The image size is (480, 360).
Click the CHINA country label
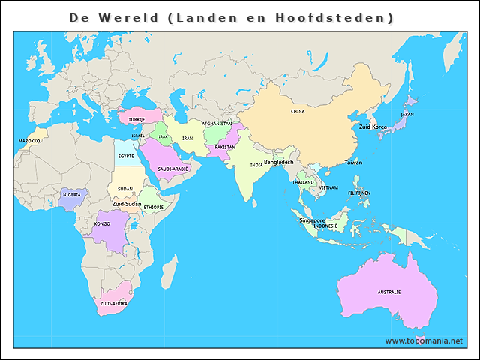[298, 111]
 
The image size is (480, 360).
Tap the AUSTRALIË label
[388, 291]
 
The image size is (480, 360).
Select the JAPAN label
[406, 114]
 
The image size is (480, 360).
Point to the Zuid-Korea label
[373, 127]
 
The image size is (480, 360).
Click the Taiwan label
[353, 163]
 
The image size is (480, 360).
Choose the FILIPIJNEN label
[359, 193]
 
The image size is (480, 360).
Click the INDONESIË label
[325, 226]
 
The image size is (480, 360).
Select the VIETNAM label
[328, 187]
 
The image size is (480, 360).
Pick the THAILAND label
[303, 182]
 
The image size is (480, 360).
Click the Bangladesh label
[278, 162]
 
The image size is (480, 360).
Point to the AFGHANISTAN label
[217, 124]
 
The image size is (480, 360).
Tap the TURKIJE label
[136, 119]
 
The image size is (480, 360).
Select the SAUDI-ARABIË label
[172, 169]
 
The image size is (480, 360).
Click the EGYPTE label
[126, 156]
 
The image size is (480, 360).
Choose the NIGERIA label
[72, 194]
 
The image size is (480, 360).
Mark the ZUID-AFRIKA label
[113, 303]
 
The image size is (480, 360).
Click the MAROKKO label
[29, 140]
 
